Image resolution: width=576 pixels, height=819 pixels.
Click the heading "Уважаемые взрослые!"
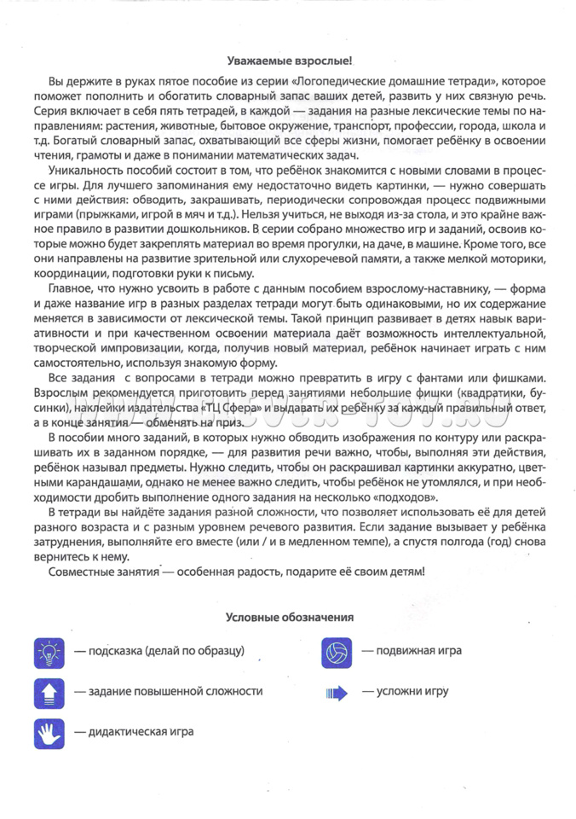click(x=289, y=61)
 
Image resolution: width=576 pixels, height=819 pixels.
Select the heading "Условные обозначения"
click(x=289, y=616)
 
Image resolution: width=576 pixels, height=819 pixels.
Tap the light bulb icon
click(x=49, y=652)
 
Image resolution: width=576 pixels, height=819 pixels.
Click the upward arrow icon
click(x=49, y=692)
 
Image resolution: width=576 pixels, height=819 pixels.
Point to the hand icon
click(x=49, y=732)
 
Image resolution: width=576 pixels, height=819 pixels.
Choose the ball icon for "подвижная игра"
click(x=337, y=652)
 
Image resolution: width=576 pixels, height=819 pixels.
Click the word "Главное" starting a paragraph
click(x=72, y=290)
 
